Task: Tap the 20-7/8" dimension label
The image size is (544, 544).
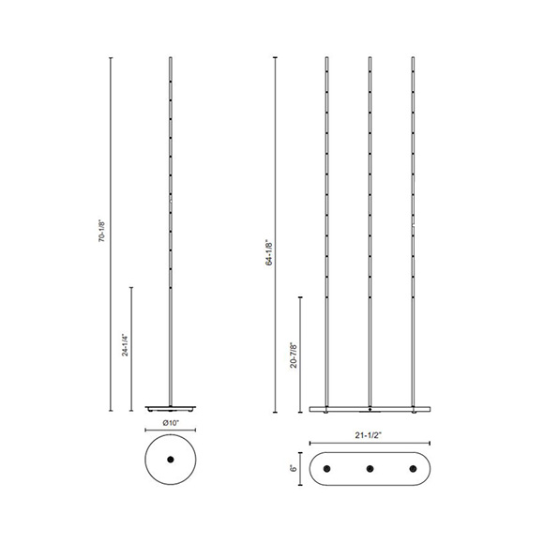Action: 294,355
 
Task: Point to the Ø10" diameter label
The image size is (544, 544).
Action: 171,423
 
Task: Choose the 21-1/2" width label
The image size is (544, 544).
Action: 370,435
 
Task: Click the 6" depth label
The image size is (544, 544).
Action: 293,467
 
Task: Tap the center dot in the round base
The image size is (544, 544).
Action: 171,460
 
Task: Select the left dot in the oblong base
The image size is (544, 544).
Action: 327,467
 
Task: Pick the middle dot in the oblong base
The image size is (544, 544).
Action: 370,467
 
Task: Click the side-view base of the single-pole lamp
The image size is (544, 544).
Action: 171,409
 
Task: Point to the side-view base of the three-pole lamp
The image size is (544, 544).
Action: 370,409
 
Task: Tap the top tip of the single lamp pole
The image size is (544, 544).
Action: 171,59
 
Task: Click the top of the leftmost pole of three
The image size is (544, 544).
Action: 327,59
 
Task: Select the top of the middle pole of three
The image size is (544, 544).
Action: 370,59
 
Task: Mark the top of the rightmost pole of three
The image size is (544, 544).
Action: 414,59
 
